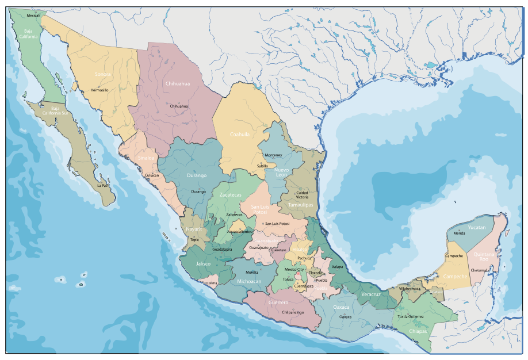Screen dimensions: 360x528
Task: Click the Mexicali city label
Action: pos(33,16)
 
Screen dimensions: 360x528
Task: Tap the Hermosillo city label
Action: pos(100,90)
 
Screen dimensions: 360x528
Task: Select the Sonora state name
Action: pos(103,74)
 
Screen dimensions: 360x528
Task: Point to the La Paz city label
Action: pos(102,186)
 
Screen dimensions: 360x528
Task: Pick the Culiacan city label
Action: pos(152,175)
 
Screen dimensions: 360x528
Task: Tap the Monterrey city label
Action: pos(273,155)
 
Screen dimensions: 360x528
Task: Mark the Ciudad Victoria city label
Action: pos(301,195)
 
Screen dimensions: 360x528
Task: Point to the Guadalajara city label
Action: pos(222,250)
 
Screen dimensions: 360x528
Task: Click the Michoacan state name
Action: pos(249,281)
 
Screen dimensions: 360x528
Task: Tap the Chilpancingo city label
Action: pos(293,312)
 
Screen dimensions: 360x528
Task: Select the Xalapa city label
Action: pos(338,267)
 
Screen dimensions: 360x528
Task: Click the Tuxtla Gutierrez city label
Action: pos(411,316)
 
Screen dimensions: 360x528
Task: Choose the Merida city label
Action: pos(459,233)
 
